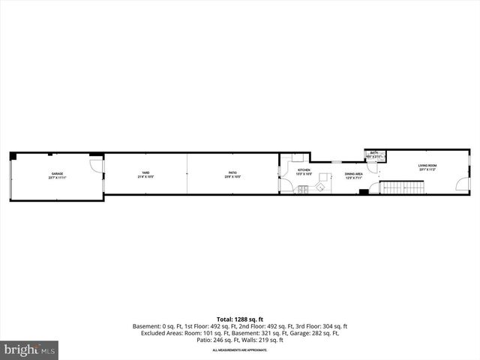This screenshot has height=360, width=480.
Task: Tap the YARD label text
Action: [145, 175]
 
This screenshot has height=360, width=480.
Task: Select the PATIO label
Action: [233, 175]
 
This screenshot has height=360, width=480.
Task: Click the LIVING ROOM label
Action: [427, 167]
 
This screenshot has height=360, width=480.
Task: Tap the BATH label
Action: [373, 154]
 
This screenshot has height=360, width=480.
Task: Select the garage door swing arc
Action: [95, 163]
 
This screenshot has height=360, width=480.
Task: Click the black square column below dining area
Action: [363, 193]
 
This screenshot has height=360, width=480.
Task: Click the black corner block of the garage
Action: [13, 155]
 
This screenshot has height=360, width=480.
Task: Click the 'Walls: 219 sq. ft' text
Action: [263, 340]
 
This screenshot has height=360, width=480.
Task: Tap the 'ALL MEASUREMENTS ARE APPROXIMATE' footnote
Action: [239, 350]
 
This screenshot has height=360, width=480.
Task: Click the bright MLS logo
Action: [30, 349]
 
